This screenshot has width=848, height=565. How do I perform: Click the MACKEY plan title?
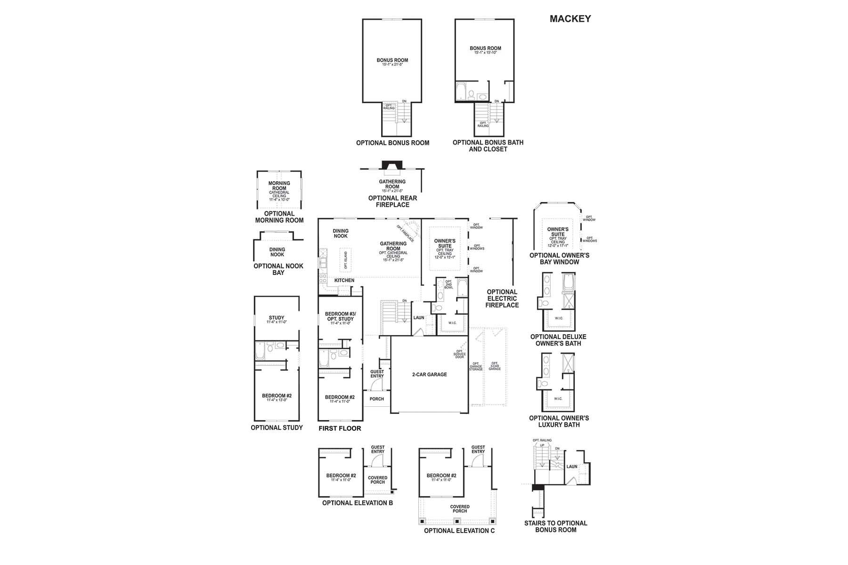(570, 19)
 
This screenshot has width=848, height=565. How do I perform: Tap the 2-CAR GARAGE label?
(429, 375)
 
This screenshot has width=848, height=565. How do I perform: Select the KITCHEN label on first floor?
(344, 281)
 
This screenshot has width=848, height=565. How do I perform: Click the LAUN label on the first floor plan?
(419, 318)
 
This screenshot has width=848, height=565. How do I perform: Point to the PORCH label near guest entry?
(377, 399)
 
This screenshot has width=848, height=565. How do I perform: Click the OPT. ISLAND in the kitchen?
(346, 260)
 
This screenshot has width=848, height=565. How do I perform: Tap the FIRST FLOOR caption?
(340, 428)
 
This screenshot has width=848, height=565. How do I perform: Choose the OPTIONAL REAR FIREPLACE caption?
(392, 202)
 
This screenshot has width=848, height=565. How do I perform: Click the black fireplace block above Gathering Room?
(392, 165)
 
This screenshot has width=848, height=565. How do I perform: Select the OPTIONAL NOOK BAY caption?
(278, 269)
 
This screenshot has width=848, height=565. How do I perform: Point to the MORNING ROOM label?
(279, 186)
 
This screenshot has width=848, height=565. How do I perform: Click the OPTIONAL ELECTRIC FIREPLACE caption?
(502, 299)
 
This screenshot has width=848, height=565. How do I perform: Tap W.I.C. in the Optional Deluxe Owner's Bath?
(559, 318)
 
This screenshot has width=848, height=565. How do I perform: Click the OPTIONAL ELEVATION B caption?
(357, 503)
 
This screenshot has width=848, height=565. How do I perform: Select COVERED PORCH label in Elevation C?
(460, 509)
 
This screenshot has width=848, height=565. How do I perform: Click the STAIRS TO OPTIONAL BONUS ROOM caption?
(555, 526)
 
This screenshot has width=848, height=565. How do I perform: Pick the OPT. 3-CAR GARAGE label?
(495, 366)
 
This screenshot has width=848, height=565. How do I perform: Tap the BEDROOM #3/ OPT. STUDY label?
(340, 316)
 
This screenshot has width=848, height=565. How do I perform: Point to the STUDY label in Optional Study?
(277, 318)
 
